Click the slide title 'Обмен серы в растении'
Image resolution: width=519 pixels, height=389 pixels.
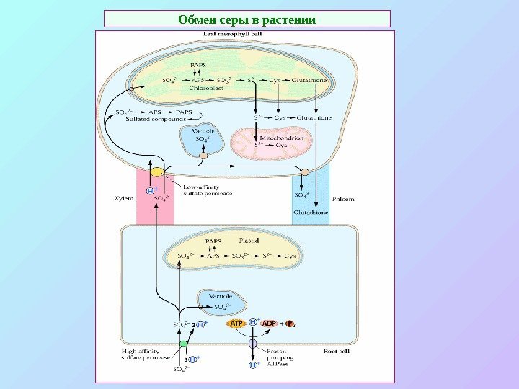247,18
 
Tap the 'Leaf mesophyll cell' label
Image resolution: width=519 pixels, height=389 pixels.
224,35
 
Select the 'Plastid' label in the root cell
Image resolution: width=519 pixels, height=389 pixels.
249,240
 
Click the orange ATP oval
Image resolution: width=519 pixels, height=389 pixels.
237,324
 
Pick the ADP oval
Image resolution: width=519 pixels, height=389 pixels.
270,324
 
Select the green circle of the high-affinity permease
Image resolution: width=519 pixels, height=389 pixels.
183,344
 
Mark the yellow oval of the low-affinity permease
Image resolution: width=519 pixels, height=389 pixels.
156,173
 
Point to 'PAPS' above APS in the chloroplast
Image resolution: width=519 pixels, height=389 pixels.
198,65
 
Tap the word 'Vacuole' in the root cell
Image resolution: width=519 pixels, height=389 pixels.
220,295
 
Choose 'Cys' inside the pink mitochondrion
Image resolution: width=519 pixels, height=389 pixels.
281,145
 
